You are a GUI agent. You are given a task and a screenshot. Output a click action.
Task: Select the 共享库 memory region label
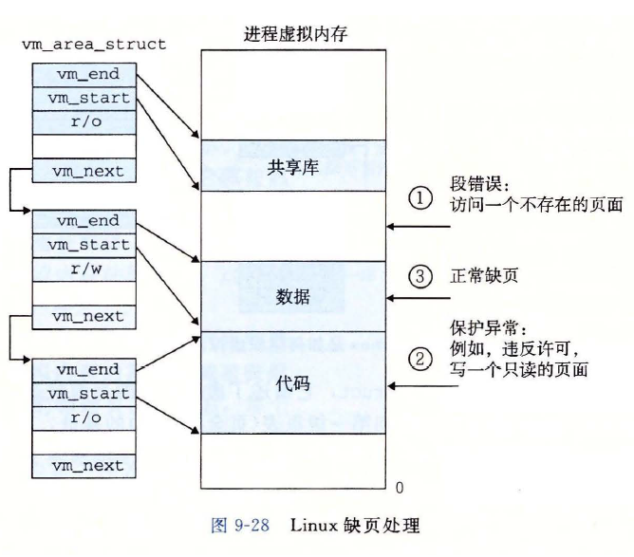coord(293,167)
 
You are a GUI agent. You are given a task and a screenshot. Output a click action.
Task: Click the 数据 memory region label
coord(293,296)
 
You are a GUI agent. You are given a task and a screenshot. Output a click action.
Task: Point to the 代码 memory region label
coord(293,384)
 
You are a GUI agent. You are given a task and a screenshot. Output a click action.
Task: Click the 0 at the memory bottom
coord(399,488)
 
